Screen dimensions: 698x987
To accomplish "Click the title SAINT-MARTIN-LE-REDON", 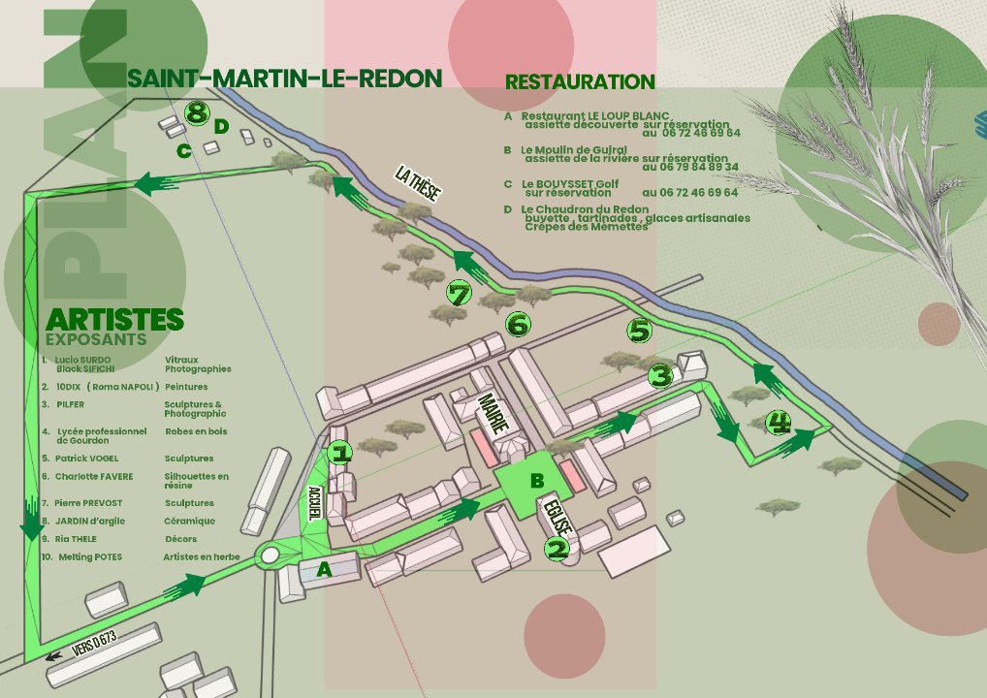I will click(285, 79).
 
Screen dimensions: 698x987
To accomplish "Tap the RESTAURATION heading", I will click(580, 82).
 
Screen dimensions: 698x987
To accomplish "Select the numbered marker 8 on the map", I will click(197, 113).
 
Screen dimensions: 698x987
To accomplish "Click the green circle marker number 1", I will click(339, 452).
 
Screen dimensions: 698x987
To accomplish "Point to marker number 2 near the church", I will click(557, 550).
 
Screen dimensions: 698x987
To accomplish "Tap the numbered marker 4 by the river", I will click(778, 423).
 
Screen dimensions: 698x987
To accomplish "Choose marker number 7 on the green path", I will click(459, 292).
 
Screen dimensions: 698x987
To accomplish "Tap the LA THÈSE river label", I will click(418, 183).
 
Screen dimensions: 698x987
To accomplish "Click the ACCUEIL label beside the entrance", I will click(313, 503).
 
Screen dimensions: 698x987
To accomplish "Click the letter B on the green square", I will click(536, 480).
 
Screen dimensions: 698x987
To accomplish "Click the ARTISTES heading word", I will click(114, 319).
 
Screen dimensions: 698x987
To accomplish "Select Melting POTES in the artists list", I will click(89, 556).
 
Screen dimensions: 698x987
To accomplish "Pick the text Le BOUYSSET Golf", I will click(569, 183).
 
